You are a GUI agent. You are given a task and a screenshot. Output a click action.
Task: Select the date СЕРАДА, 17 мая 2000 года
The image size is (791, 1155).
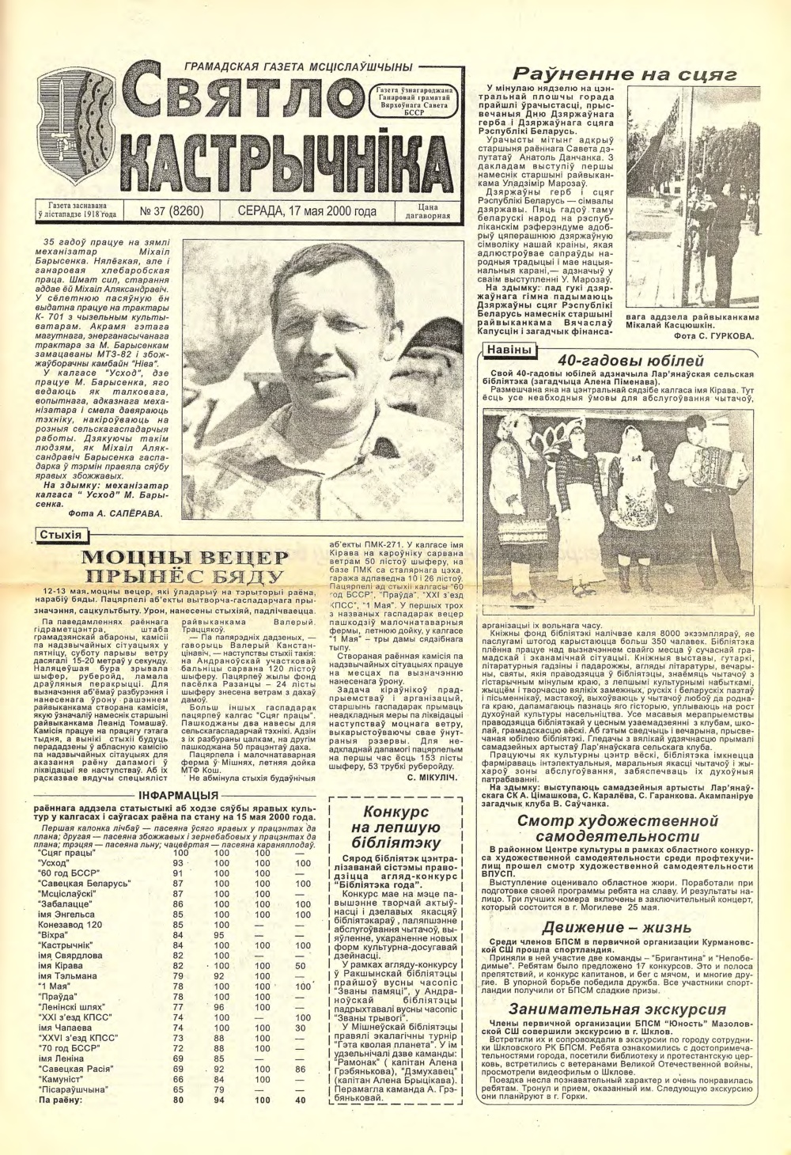pos(307,211)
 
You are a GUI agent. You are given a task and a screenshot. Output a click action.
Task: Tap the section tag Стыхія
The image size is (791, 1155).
pos(61,536)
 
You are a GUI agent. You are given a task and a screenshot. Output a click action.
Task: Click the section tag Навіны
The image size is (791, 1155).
pos(507,350)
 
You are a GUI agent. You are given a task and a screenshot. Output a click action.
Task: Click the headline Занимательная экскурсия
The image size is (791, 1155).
pos(617,1009)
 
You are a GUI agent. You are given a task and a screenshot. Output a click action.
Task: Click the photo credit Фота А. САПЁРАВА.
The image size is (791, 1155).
pos(115,513)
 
